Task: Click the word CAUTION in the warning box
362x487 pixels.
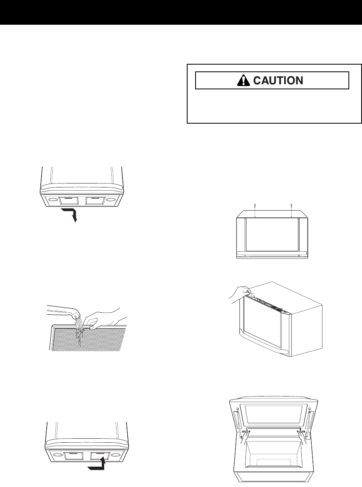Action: pos(279,81)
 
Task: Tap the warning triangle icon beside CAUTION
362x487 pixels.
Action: pos(242,80)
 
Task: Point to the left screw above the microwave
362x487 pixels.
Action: pos(255,210)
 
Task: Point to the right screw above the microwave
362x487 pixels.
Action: pos(291,210)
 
